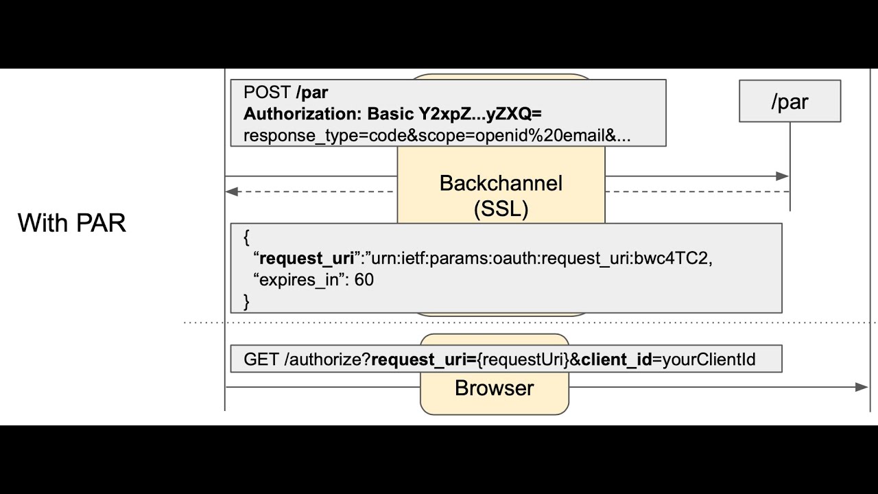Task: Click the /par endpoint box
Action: pos(790,102)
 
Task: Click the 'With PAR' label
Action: pos(72,223)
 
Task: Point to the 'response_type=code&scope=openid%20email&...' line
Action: pos(437,135)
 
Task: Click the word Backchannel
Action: pos(501,183)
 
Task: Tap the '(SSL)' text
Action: pos(501,209)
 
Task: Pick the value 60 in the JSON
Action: pos(364,280)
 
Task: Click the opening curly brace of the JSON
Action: pos(246,238)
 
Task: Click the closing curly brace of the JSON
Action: pos(246,301)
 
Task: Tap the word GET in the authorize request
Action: pos(261,359)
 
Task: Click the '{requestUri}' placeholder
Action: pos(529,359)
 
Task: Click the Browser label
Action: pos(494,388)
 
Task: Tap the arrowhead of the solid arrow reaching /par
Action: pos(783,176)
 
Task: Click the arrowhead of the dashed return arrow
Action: pos(232,191)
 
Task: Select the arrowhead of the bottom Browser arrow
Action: pos(862,387)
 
